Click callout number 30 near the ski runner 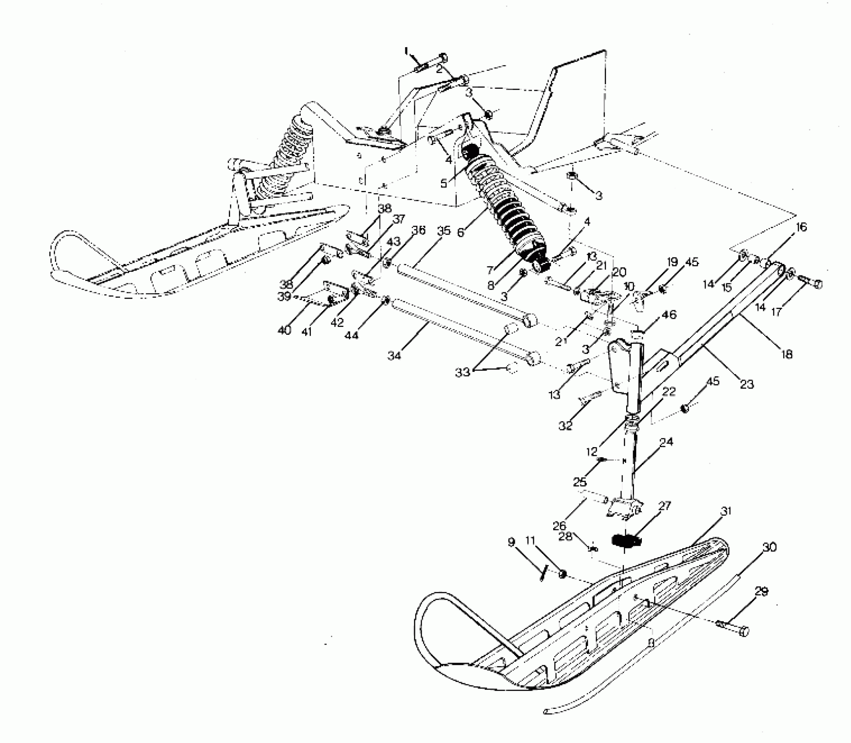[769, 547]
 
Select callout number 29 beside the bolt [761, 592]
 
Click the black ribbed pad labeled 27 [625, 541]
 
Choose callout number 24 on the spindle [666, 442]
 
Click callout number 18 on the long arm [786, 354]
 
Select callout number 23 [747, 384]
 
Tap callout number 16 [802, 227]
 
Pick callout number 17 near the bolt [776, 312]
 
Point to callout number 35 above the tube [444, 231]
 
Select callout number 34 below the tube [394, 356]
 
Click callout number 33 [462, 372]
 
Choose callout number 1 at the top [407, 52]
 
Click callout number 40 [284, 330]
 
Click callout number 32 [565, 425]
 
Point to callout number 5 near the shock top [444, 183]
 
